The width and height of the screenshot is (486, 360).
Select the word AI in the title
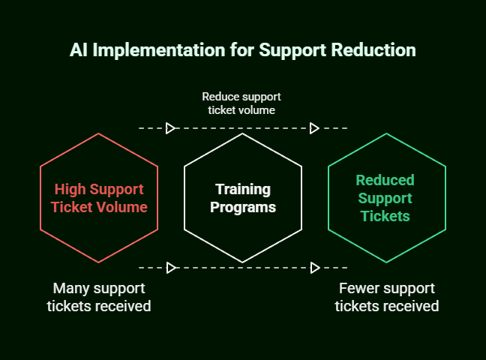tap(78, 51)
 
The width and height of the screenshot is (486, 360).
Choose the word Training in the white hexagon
tap(242, 189)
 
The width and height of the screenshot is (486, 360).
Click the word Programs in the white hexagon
tap(242, 207)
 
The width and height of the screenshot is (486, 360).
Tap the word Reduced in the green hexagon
tap(385, 180)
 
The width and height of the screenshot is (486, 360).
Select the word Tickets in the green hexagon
tap(385, 216)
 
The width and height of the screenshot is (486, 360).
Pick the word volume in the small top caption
tap(256, 109)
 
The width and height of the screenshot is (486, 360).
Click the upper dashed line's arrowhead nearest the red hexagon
tap(171, 128)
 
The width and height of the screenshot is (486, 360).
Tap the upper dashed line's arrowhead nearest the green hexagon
tap(314, 128)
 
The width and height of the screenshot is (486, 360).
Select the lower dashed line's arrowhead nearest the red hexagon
tap(171, 267)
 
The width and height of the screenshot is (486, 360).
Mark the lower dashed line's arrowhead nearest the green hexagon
tap(314, 267)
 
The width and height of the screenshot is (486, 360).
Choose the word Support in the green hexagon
tap(385, 198)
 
